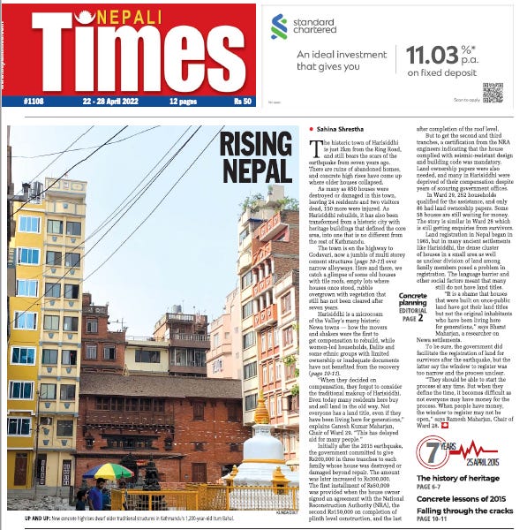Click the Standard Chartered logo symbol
point(279,26)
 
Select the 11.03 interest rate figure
point(432,57)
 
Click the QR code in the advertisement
point(493,91)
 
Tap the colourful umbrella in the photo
point(108,471)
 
